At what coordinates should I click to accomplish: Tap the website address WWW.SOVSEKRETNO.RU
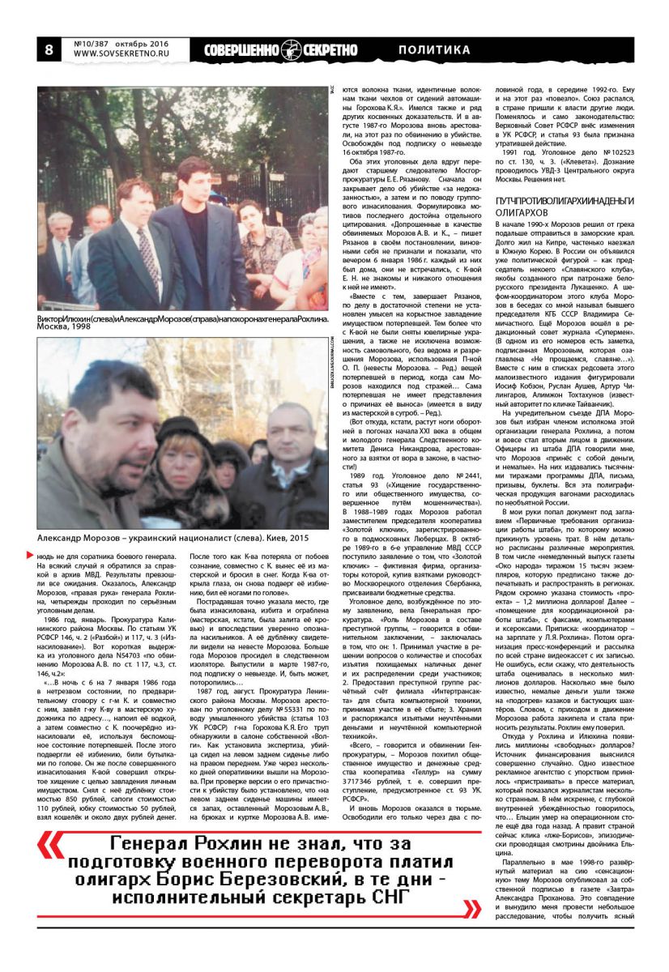pyautogui.click(x=121, y=56)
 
